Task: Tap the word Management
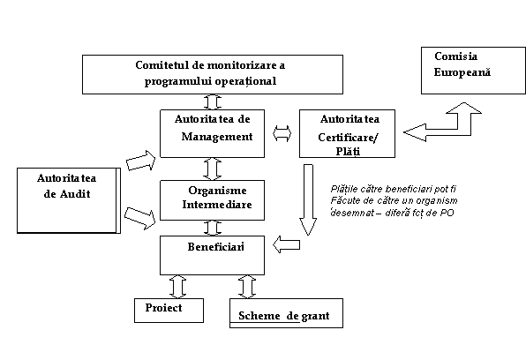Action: tap(217, 137)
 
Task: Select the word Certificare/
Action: tap(348, 138)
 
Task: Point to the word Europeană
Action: tap(462, 72)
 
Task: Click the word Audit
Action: tap(75, 194)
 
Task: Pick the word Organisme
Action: tap(217, 191)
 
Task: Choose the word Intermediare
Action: tap(217, 205)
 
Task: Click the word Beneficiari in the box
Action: tap(215, 247)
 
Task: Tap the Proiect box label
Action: tap(163, 308)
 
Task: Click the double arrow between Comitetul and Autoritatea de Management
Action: tap(213, 101)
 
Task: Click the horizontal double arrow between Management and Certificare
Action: tap(282, 133)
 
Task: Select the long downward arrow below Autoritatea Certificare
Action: tap(308, 199)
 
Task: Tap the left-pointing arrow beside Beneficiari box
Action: tap(286, 244)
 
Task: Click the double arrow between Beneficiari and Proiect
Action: tap(177, 287)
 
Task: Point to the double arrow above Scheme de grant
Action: tap(247, 287)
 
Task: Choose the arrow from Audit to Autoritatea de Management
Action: tap(141, 161)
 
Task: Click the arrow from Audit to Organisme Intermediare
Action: tap(140, 218)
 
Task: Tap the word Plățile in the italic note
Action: tap(343, 189)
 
